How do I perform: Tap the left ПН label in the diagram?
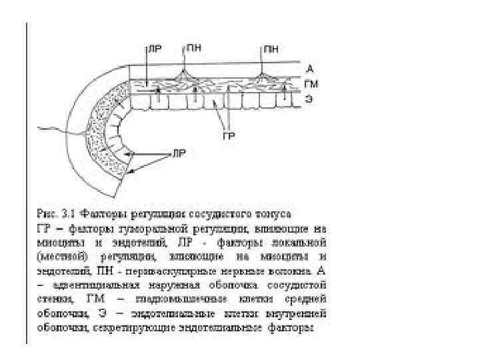pyautogui.click(x=194, y=47)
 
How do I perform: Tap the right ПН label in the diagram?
pyautogui.click(x=271, y=47)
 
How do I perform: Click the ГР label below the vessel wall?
pyautogui.click(x=228, y=135)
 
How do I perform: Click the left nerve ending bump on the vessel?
pyautogui.click(x=181, y=69)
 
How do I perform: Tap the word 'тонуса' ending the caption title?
pyautogui.click(x=273, y=214)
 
